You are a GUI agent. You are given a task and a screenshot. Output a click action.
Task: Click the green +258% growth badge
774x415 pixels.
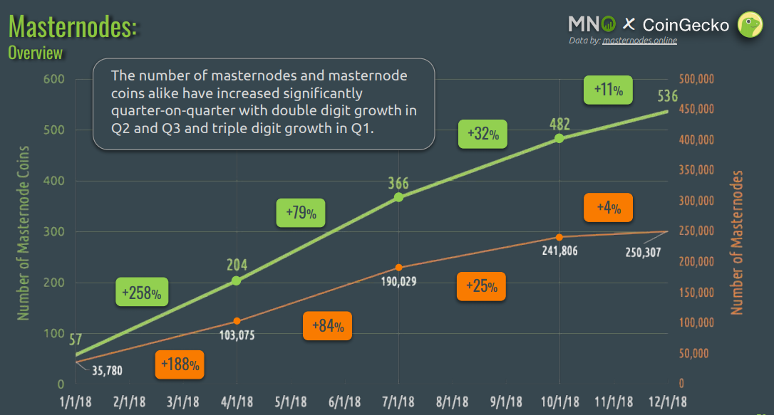point(142,292)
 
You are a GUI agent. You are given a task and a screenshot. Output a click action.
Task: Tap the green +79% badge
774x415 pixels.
point(301,212)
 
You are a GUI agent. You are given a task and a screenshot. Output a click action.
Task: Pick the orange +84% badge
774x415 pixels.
point(327,326)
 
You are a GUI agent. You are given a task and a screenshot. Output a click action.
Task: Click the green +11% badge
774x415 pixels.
point(609,90)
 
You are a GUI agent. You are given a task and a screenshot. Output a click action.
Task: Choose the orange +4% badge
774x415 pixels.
point(608,208)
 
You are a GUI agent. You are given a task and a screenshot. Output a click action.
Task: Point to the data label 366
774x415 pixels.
point(398,182)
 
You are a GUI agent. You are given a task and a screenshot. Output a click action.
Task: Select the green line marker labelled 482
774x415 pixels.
point(559,138)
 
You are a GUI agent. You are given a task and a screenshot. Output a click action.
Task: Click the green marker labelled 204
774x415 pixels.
point(237,280)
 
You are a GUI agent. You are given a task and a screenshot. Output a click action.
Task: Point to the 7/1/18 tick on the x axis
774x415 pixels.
point(398,401)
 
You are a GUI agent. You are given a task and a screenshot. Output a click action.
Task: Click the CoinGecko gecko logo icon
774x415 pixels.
point(750,25)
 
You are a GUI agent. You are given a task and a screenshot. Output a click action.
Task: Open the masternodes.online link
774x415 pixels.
point(639,41)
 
